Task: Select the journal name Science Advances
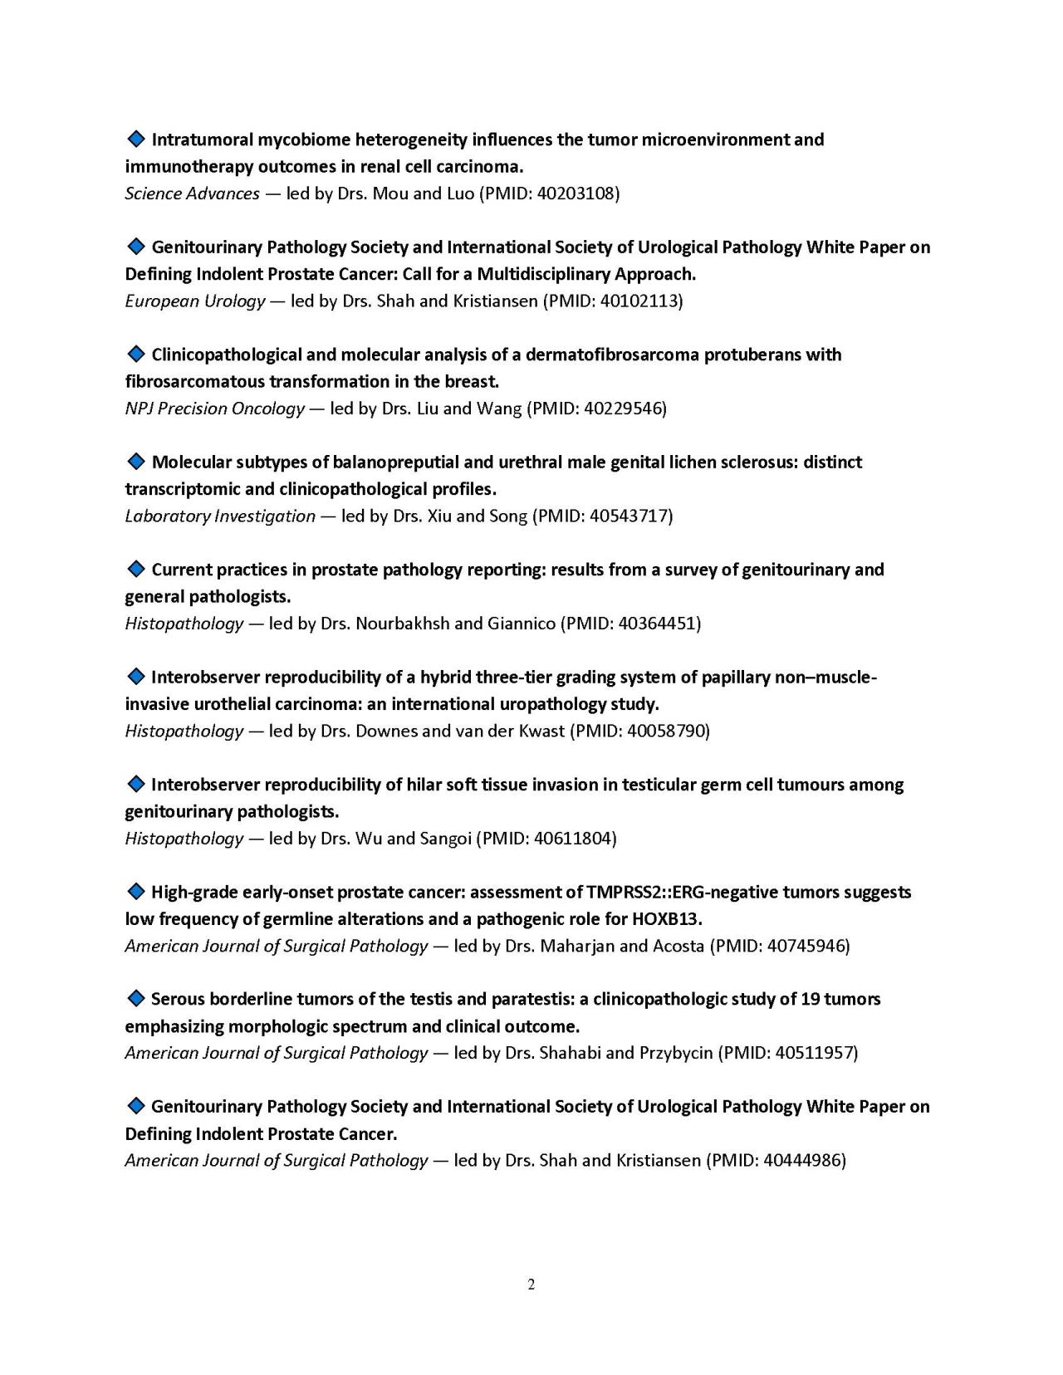click(x=192, y=193)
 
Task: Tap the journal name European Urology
click(x=194, y=301)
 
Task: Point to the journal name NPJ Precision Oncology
click(x=214, y=409)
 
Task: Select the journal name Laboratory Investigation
click(x=220, y=516)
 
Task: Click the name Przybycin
click(x=675, y=1053)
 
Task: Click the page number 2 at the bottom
click(x=531, y=1284)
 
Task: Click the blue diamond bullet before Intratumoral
click(x=135, y=139)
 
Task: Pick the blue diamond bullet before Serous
click(x=135, y=998)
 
